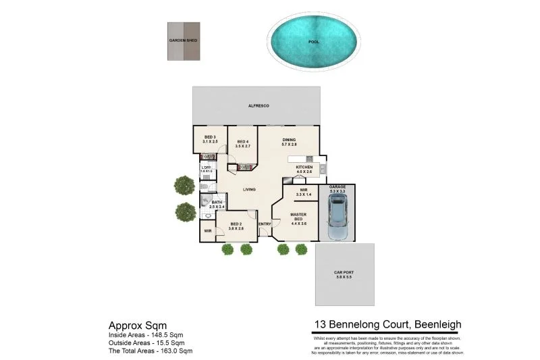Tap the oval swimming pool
pyautogui.click(x=314, y=41)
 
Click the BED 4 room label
pyautogui.click(x=242, y=141)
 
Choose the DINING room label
pyautogui.click(x=289, y=140)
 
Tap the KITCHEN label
pyautogui.click(x=304, y=168)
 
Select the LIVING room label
pyautogui.click(x=249, y=190)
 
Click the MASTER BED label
pyautogui.click(x=298, y=217)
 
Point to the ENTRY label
pyautogui.click(x=264, y=224)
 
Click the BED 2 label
pyautogui.click(x=236, y=224)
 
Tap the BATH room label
pyautogui.click(x=217, y=202)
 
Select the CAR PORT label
pyautogui.click(x=344, y=272)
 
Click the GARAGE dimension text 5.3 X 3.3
pyautogui.click(x=337, y=192)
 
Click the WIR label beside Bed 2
pyautogui.click(x=208, y=231)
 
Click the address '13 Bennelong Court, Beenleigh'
pyautogui.click(x=387, y=324)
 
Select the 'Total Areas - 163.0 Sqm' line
pyautogui.click(x=151, y=351)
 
